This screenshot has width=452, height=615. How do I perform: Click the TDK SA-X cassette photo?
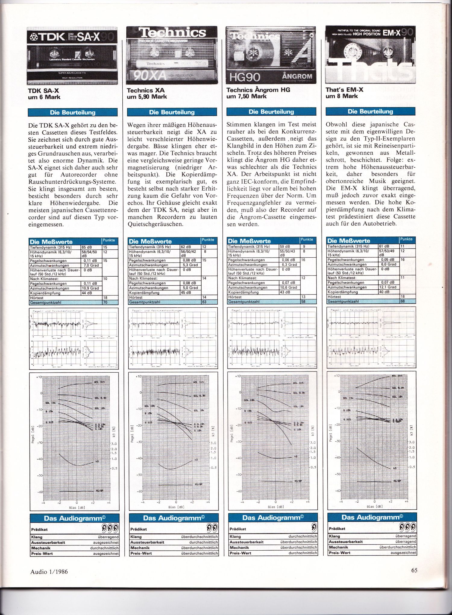click(72, 56)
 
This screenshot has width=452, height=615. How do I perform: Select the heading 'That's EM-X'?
click(344, 89)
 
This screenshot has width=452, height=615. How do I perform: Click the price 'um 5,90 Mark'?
click(147, 97)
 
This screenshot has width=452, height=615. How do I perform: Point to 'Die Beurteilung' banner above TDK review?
click(73, 113)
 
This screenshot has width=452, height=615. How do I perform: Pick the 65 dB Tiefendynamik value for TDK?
click(87, 247)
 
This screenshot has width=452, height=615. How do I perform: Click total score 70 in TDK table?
click(105, 302)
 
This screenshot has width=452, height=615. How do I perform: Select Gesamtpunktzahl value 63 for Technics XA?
click(204, 302)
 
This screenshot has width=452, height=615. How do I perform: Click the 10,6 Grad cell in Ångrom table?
click(289, 287)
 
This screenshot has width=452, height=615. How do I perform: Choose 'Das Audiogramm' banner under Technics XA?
click(174, 518)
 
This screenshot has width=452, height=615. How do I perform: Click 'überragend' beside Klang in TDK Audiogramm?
click(108, 537)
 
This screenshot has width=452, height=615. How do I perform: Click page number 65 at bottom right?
click(414, 570)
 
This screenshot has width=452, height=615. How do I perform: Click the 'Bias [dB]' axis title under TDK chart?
click(77, 508)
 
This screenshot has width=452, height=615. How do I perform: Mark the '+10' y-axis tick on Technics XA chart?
click(138, 377)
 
